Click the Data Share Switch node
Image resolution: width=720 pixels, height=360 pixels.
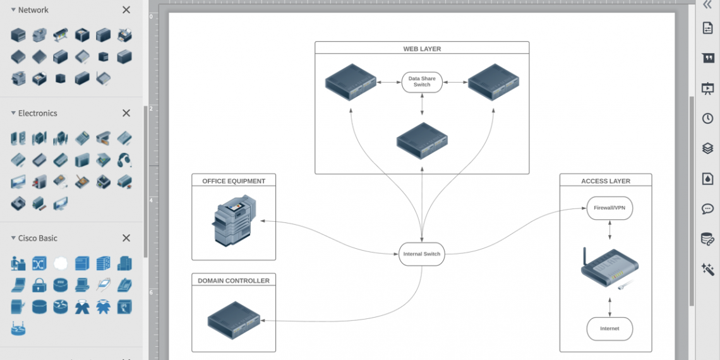pos(422,82)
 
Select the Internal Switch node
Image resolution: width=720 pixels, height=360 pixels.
pos(422,254)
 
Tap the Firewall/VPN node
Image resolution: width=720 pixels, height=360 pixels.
pos(609,208)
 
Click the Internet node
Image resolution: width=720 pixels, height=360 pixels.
pos(609,328)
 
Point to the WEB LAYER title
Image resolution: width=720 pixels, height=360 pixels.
pos(422,49)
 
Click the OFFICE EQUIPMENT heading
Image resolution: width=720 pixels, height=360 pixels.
pos(234,181)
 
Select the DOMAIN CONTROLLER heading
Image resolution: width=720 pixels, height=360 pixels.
pos(234,281)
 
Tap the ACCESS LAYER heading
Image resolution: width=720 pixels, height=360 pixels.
pos(606,181)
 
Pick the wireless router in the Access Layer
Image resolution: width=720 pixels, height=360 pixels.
pos(609,268)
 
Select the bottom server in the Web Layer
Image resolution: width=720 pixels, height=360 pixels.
pos(422,140)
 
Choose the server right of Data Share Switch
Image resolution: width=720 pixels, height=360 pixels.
pos(493,82)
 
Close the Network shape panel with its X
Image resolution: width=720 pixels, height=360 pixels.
pos(126,10)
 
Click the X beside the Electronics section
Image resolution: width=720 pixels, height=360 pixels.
pos(126,113)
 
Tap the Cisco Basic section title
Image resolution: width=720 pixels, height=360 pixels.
pos(37,238)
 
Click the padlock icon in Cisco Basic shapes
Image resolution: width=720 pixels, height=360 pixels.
pos(39,285)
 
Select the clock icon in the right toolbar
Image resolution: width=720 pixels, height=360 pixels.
pos(707,118)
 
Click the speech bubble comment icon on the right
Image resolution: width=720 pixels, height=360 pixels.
pos(707,209)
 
